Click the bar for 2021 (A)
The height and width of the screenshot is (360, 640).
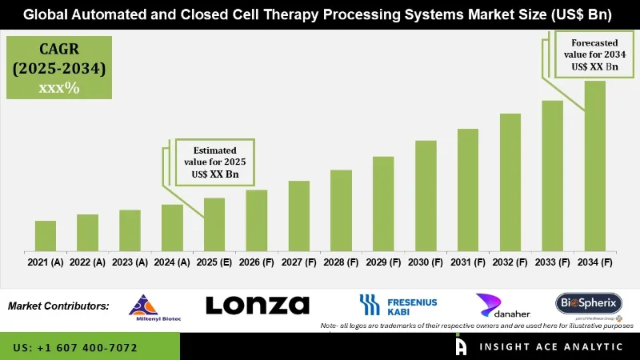coord(46,234)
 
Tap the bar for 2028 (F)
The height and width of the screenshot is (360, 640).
coord(342,209)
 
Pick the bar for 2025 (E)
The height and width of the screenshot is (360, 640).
coord(214,223)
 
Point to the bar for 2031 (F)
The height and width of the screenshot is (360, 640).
coord(468,189)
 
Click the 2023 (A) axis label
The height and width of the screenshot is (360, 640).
coord(130,262)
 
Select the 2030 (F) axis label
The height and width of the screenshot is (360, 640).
coord(426,262)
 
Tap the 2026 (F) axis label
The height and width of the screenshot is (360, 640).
coord(257,262)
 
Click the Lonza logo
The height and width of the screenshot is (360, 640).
coord(258,305)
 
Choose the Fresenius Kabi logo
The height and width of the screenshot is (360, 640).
coord(398,305)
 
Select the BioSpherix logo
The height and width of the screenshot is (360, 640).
coord(589,303)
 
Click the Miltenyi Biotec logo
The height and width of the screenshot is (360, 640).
coord(144,307)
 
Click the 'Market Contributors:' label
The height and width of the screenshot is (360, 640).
coord(58,306)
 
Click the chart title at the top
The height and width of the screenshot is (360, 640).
coord(320,14)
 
